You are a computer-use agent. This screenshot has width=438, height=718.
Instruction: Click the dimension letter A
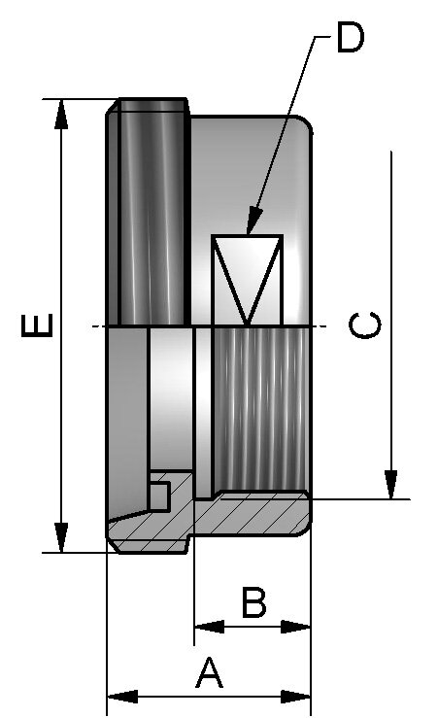tap(209, 672)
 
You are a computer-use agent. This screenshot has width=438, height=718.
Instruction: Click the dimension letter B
tap(253, 601)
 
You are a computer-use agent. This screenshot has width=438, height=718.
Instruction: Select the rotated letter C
tap(365, 325)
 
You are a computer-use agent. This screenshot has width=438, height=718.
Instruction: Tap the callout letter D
tap(351, 38)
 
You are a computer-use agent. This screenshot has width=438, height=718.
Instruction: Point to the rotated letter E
tap(38, 325)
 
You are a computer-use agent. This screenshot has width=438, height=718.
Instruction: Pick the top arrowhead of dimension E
tap(61, 114)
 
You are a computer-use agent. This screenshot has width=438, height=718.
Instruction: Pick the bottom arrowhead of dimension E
tap(61, 537)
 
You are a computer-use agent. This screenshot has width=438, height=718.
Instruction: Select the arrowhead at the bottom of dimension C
tap(390, 485)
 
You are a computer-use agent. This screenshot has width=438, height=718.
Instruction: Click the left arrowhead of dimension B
tap(209, 627)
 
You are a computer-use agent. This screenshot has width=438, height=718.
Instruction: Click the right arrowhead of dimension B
tap(295, 627)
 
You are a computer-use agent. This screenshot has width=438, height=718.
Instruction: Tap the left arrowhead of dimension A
tap(122, 697)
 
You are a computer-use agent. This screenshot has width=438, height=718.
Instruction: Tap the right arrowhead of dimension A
tap(295, 697)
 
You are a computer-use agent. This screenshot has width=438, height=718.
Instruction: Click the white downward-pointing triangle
tap(247, 270)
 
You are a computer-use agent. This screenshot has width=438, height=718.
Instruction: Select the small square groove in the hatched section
tap(159, 496)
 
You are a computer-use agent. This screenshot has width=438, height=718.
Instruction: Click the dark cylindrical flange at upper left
tap(148, 212)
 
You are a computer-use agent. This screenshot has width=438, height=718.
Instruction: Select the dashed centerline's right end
tap(326, 326)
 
